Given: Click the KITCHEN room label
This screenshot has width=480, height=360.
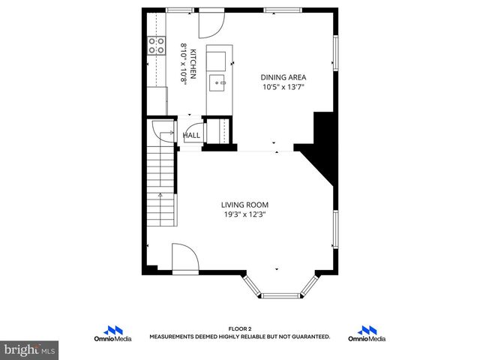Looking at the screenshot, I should pyautogui.click(x=193, y=64).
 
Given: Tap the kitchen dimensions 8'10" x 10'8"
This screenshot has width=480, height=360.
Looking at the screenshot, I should pyautogui.click(x=182, y=64).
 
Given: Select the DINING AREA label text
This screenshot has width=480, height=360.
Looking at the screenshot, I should pyautogui.click(x=283, y=76).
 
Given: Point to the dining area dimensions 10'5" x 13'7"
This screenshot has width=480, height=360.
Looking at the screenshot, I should pyautogui.click(x=283, y=87).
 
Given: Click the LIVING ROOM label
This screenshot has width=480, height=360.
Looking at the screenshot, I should pyautogui.click(x=244, y=205).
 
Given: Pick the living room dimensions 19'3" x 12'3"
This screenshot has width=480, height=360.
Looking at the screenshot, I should pyautogui.click(x=244, y=215).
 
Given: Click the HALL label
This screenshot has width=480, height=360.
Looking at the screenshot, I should pyautogui.click(x=192, y=136).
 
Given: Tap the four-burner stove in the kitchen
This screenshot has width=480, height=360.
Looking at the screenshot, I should pyautogui.click(x=156, y=45).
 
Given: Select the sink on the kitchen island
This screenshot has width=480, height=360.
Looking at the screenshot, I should pyautogui.click(x=218, y=82).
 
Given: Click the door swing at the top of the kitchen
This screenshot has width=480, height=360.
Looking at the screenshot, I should pyautogui.click(x=208, y=25).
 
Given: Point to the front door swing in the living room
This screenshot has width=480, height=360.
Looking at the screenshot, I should pyautogui.click(x=184, y=259).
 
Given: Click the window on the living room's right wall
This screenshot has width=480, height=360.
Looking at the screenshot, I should pyautogui.click(x=335, y=229).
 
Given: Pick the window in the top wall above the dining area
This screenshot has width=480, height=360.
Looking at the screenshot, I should pyautogui.click(x=277, y=10).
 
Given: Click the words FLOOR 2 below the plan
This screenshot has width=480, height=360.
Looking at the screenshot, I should pyautogui.click(x=240, y=328).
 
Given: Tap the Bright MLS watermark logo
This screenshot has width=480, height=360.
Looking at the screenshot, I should pyautogui.click(x=30, y=349).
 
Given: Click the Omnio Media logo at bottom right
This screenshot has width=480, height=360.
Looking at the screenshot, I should pyautogui.click(x=367, y=334).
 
